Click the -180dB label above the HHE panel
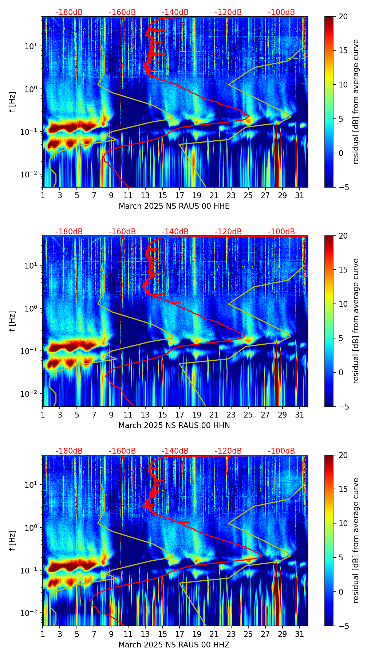click(69, 12)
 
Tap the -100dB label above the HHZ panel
click(281, 451)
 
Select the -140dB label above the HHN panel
click(175, 232)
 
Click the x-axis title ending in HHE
click(174, 206)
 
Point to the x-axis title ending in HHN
click(174, 426)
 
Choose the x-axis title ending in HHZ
click(174, 645)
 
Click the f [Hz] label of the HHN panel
click(13, 321)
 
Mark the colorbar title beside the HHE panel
click(356, 102)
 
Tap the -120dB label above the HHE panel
click(228, 12)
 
